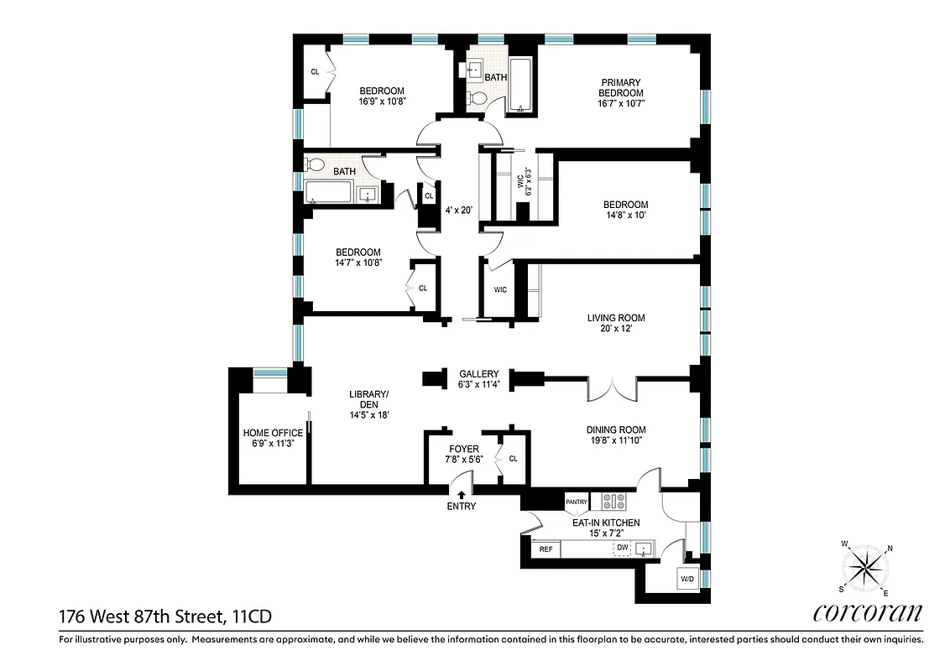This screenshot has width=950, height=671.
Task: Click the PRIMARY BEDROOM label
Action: coord(621,87)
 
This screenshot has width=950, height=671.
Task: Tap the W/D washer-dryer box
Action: coord(686,579)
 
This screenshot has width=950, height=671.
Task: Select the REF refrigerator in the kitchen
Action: coord(545,549)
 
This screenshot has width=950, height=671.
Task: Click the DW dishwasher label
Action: coord(622,548)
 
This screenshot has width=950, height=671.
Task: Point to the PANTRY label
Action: coord(576,502)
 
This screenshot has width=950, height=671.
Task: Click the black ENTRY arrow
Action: coord(461,496)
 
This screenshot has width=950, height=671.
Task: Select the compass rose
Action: coord(865,569)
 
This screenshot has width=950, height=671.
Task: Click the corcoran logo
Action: coord(867,613)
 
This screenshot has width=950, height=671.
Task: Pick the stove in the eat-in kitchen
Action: coord(613,502)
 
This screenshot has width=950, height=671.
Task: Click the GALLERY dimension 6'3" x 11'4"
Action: coord(478,385)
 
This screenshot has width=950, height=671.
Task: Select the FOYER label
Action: coord(463,449)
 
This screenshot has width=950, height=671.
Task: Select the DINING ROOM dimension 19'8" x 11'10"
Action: coord(615,441)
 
